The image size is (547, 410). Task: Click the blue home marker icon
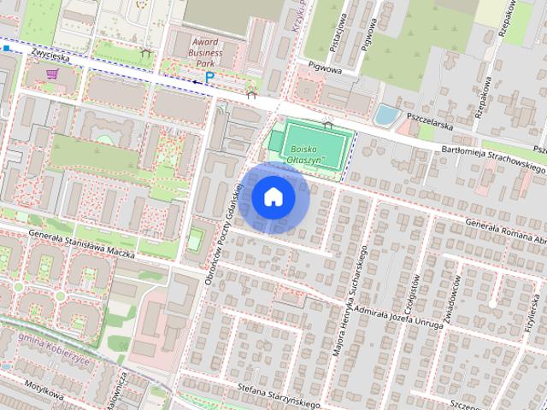273,197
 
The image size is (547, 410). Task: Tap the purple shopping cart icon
53,74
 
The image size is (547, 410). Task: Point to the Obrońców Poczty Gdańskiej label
221,248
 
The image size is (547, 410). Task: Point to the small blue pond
386,114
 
